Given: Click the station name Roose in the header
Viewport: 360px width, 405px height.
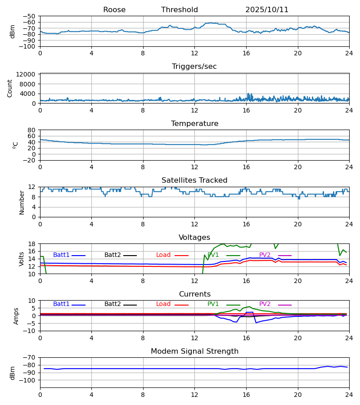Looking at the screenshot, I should pos(114,10).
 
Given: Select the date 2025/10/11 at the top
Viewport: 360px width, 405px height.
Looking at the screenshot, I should pos(267,10).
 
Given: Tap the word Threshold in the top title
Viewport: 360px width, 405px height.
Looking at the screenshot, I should pos(180,10).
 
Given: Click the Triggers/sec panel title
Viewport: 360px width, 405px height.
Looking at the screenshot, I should pos(194,67).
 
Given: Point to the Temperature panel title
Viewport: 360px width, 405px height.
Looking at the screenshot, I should pos(194,124).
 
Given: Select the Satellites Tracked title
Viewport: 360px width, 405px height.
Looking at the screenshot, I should pos(194,180).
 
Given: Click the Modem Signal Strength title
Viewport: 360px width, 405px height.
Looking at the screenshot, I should pos(194,351).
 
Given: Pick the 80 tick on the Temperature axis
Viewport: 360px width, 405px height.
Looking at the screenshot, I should pos(31,130).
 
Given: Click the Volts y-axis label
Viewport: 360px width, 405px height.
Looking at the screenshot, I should pos(22,259).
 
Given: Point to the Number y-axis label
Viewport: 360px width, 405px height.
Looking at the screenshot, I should pos(22,202).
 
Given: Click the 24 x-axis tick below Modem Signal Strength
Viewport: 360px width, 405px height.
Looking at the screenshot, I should pos(349,394).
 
